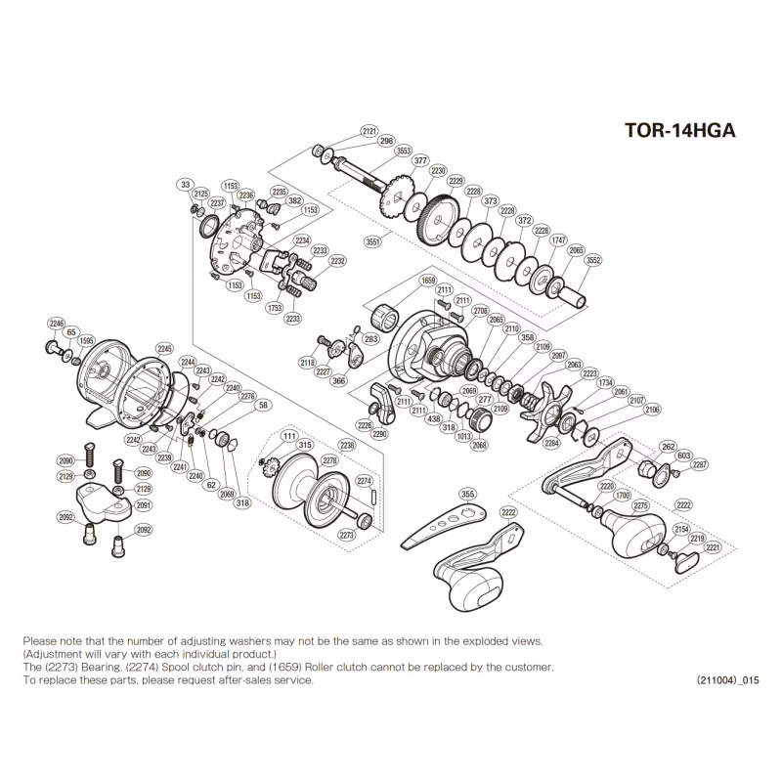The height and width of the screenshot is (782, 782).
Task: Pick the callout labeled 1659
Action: click(427, 281)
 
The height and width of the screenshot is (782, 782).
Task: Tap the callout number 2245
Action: click(164, 349)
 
